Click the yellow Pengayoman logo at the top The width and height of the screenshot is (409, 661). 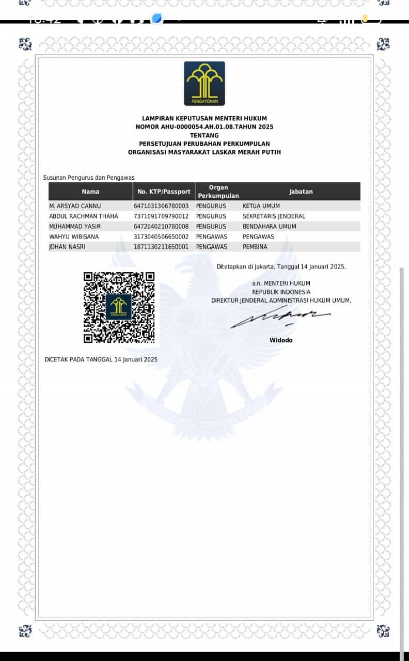pos(204,83)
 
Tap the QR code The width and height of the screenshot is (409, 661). pos(119,307)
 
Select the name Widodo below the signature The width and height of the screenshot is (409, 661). pos(281,340)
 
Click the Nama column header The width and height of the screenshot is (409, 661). pos(90,192)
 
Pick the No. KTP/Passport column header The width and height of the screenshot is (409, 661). pos(164,192)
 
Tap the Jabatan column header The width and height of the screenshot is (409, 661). pos(301,192)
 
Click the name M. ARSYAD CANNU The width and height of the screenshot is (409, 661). pos(75,206)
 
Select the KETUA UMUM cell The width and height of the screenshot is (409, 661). pos(261,206)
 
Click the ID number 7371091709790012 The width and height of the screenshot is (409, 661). pos(161,216)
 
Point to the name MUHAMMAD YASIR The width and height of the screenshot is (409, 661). pos(75,227)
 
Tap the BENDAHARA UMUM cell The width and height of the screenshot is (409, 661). pos(270,227)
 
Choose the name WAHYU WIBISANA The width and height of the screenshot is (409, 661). pos(74,237)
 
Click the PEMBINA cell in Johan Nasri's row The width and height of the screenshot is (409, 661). pos(255,247)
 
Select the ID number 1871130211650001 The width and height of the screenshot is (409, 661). pos(161,247)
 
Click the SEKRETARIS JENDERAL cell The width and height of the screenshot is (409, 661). pos(274,216)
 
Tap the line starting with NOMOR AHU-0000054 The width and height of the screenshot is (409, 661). pos(204,127)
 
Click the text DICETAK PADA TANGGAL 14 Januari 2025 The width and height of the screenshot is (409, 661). pos(101,359)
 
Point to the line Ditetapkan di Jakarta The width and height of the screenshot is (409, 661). pos(281,267)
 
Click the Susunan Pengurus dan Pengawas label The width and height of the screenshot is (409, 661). pos(89,178)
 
